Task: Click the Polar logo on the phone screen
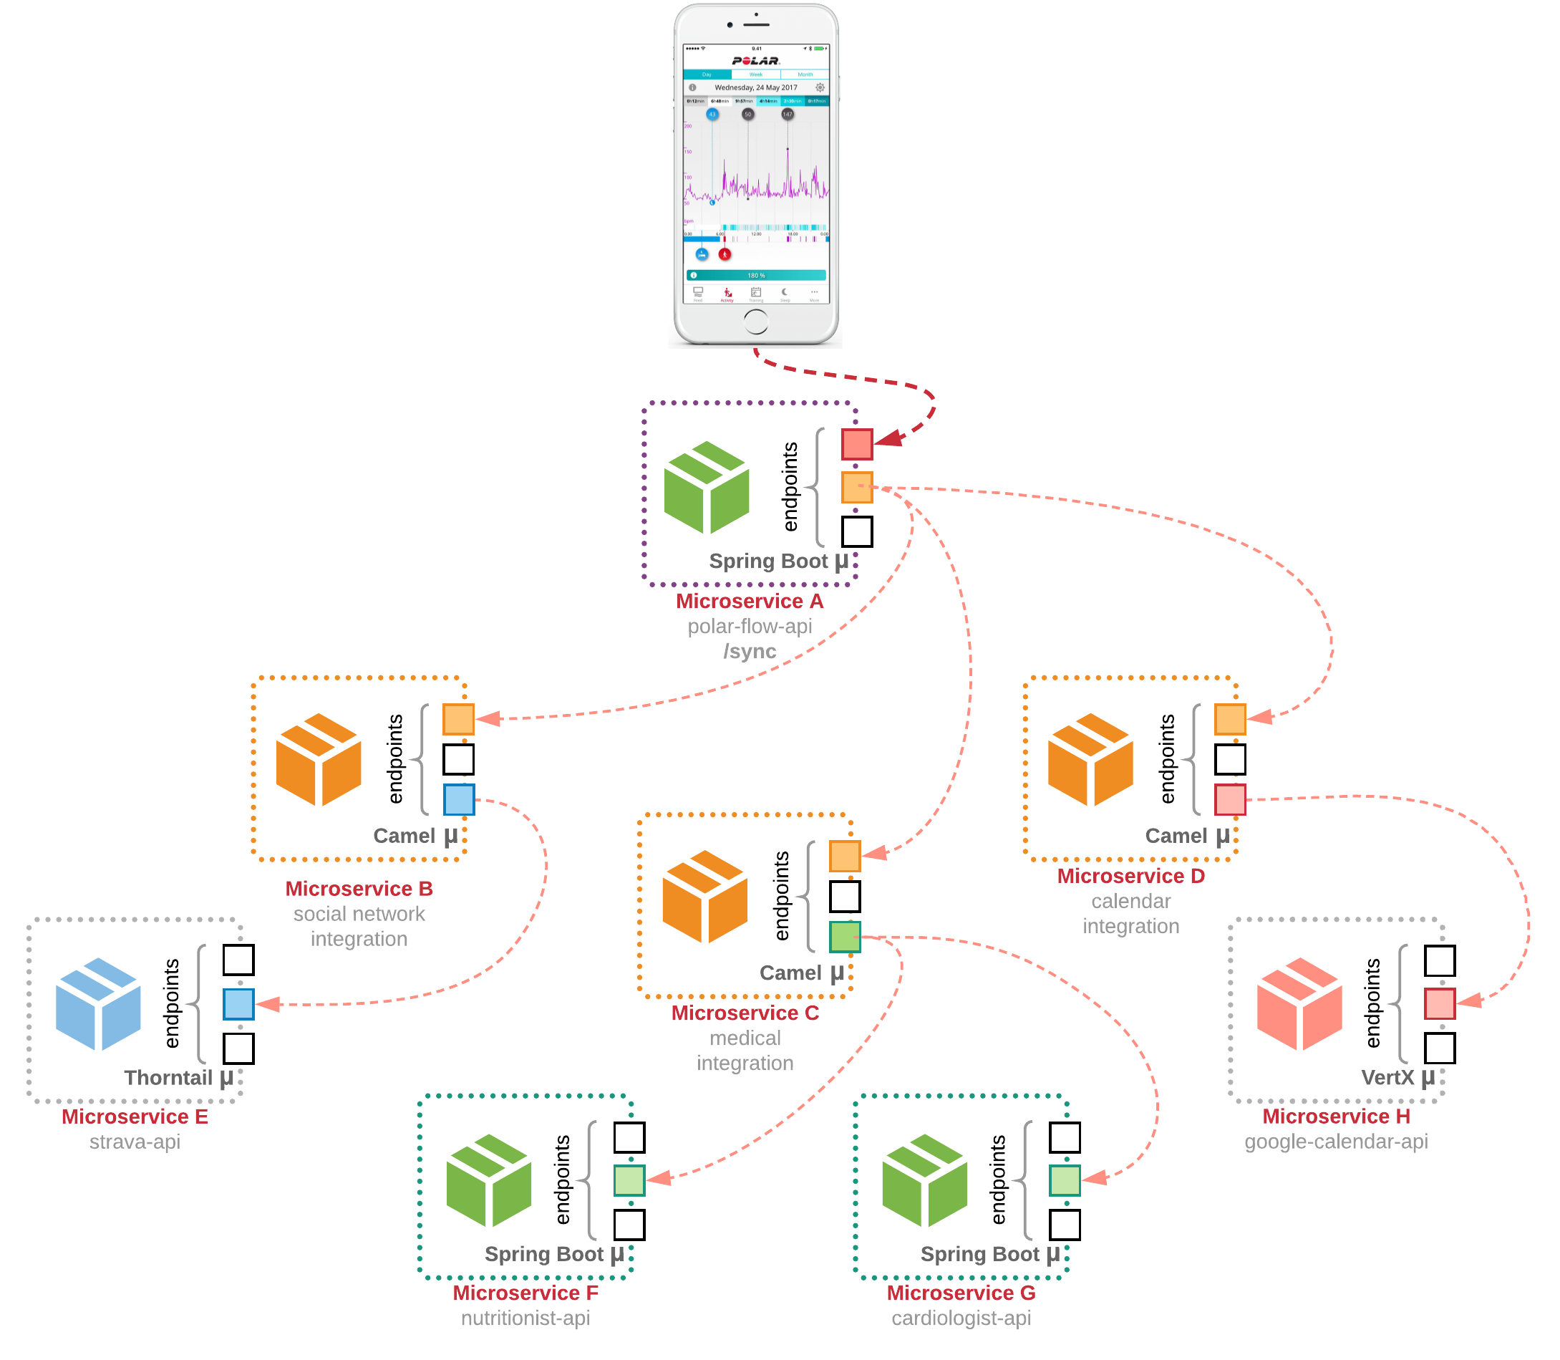756,61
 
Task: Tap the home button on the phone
756,322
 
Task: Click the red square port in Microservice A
857,445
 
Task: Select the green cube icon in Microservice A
707,487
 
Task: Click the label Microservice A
750,601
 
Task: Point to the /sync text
750,651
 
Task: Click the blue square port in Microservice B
459,799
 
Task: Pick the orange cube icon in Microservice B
319,760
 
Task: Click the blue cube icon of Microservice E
99,1004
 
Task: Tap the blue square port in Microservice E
238,1004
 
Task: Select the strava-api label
135,1142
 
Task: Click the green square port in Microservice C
845,937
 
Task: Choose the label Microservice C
745,1013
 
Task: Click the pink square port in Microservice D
1230,799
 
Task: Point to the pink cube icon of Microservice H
1299,1004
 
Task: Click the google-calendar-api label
1336,1142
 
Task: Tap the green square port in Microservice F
629,1180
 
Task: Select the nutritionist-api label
525,1318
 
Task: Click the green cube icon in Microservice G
925,1180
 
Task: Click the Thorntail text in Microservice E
168,1078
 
